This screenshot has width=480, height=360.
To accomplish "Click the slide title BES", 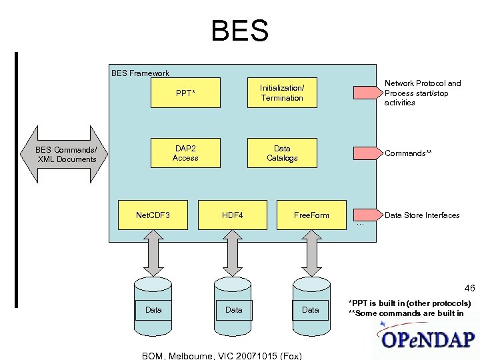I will pyautogui.click(x=239, y=31).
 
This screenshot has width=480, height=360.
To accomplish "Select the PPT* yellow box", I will pyautogui.click(x=185, y=93).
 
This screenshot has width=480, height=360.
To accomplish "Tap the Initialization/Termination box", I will pyautogui.click(x=282, y=93).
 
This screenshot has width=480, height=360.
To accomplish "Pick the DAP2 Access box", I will pyautogui.click(x=185, y=153).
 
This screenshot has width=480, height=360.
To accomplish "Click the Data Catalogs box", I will pyautogui.click(x=282, y=153).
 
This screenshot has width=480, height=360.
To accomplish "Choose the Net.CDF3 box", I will pyautogui.click(x=153, y=215).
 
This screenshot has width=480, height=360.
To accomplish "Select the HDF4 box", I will pyautogui.click(x=232, y=215).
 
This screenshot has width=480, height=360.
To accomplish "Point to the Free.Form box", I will pyautogui.click(x=311, y=215).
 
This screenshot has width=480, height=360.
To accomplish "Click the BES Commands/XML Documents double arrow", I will pyautogui.click(x=66, y=154).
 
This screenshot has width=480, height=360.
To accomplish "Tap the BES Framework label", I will pyautogui.click(x=140, y=73).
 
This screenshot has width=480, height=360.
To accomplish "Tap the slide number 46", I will pyautogui.click(x=469, y=289).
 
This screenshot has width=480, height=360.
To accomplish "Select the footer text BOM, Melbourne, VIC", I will pyautogui.click(x=222, y=355).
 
